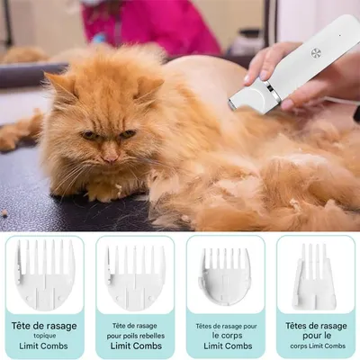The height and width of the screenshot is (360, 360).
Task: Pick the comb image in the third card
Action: click(224, 275)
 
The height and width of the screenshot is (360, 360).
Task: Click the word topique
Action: click(44, 336)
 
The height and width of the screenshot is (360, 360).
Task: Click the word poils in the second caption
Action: click(131, 336)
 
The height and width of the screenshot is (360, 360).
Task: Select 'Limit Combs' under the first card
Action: click(44, 346)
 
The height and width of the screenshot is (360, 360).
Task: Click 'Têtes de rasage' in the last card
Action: click(314, 325)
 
